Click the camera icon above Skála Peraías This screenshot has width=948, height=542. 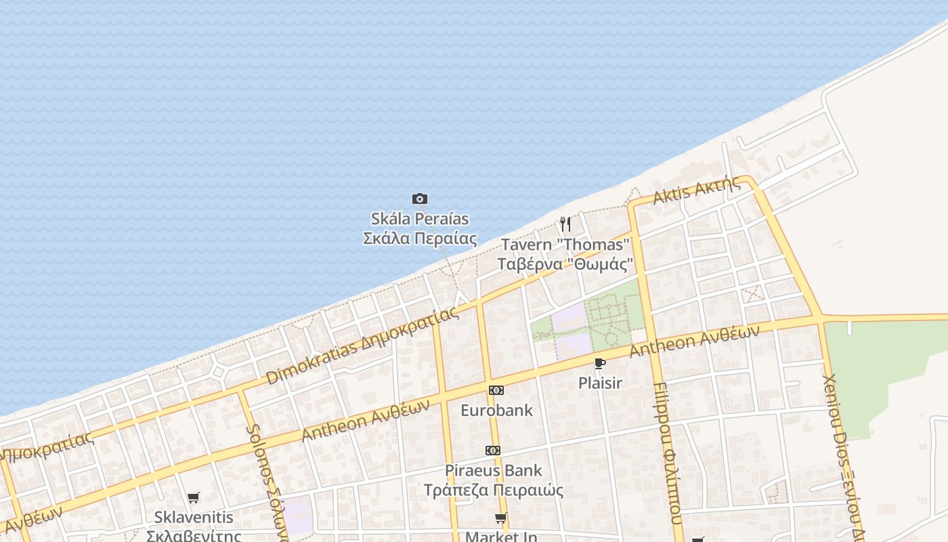click(x=420, y=199)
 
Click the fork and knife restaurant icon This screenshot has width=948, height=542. click(x=565, y=224)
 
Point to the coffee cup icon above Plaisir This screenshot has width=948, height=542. click(x=599, y=364)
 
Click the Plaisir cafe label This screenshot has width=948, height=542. click(x=600, y=383)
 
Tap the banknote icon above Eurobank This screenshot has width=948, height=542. click(x=496, y=390)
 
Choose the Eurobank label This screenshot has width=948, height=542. click(x=496, y=411)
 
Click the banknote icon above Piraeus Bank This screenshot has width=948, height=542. click(x=493, y=451)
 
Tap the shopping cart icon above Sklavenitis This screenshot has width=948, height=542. click(x=194, y=498)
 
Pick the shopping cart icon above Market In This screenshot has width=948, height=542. click(x=500, y=518)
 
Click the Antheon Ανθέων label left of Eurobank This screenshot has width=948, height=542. click(x=366, y=419)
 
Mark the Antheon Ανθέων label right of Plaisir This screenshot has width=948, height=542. click(x=694, y=341)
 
